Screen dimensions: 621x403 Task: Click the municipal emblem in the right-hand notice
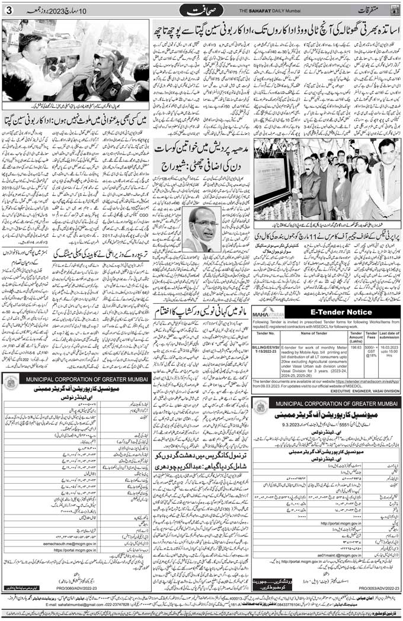coord(261,408)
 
